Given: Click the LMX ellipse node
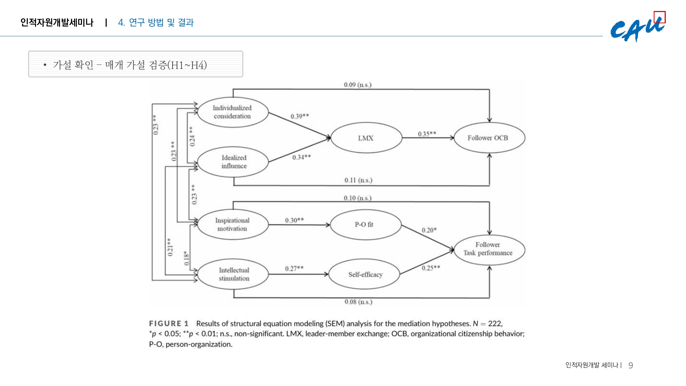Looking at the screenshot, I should point(366,138).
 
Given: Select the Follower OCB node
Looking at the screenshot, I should point(489,138).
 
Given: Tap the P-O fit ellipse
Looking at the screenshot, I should point(365,225).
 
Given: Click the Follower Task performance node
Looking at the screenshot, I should point(489,249).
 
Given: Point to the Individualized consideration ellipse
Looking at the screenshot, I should point(233,112).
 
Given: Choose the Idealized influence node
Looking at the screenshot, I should point(233,162).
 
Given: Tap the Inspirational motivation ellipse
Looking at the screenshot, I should point(233,225).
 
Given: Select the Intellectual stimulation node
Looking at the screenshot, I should point(233,274).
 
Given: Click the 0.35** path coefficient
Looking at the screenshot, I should point(427,133).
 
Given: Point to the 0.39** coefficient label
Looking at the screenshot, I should point(299,116).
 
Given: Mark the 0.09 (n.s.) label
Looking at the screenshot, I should point(357,85).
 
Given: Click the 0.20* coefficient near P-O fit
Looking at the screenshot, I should point(429,230).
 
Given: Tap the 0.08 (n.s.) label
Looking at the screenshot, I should point(358,302).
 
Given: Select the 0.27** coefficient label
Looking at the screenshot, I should point(294,268).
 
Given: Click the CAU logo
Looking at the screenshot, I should point(637,29).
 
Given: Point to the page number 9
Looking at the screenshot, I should point(630,366).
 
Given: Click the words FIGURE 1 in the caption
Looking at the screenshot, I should point(168,324).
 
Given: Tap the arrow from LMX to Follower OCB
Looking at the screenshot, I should point(428,138).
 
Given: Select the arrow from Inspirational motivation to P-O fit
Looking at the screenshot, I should point(299,225).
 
